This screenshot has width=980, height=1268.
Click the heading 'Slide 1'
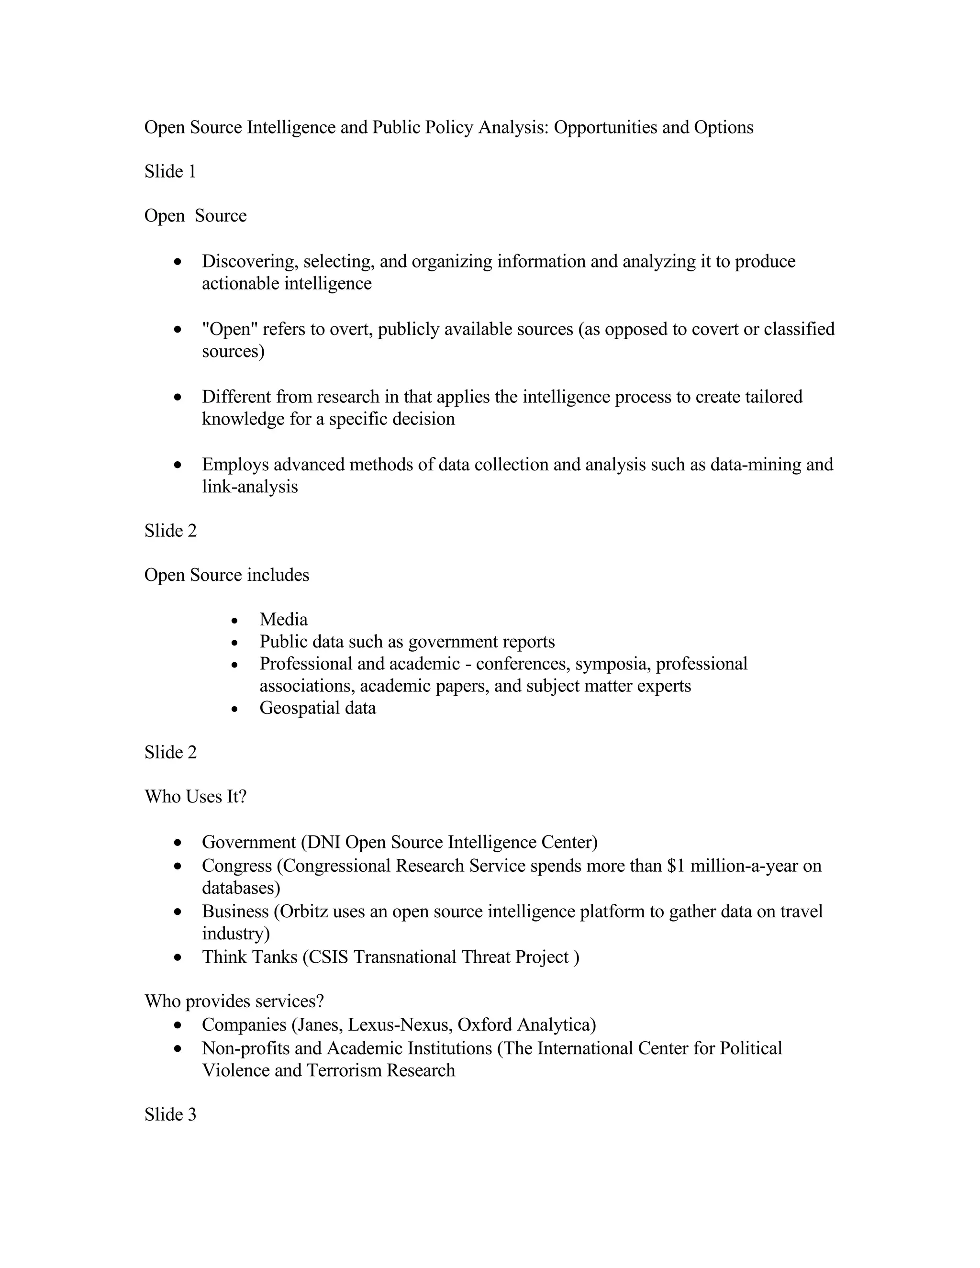click(x=170, y=171)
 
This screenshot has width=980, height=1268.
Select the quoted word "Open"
click(x=230, y=329)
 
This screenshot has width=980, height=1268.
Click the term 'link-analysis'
click(x=250, y=487)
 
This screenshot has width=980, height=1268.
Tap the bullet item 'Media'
click(x=283, y=620)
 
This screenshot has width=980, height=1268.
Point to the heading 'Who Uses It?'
click(x=196, y=797)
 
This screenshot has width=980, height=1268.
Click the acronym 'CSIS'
click(x=327, y=957)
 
